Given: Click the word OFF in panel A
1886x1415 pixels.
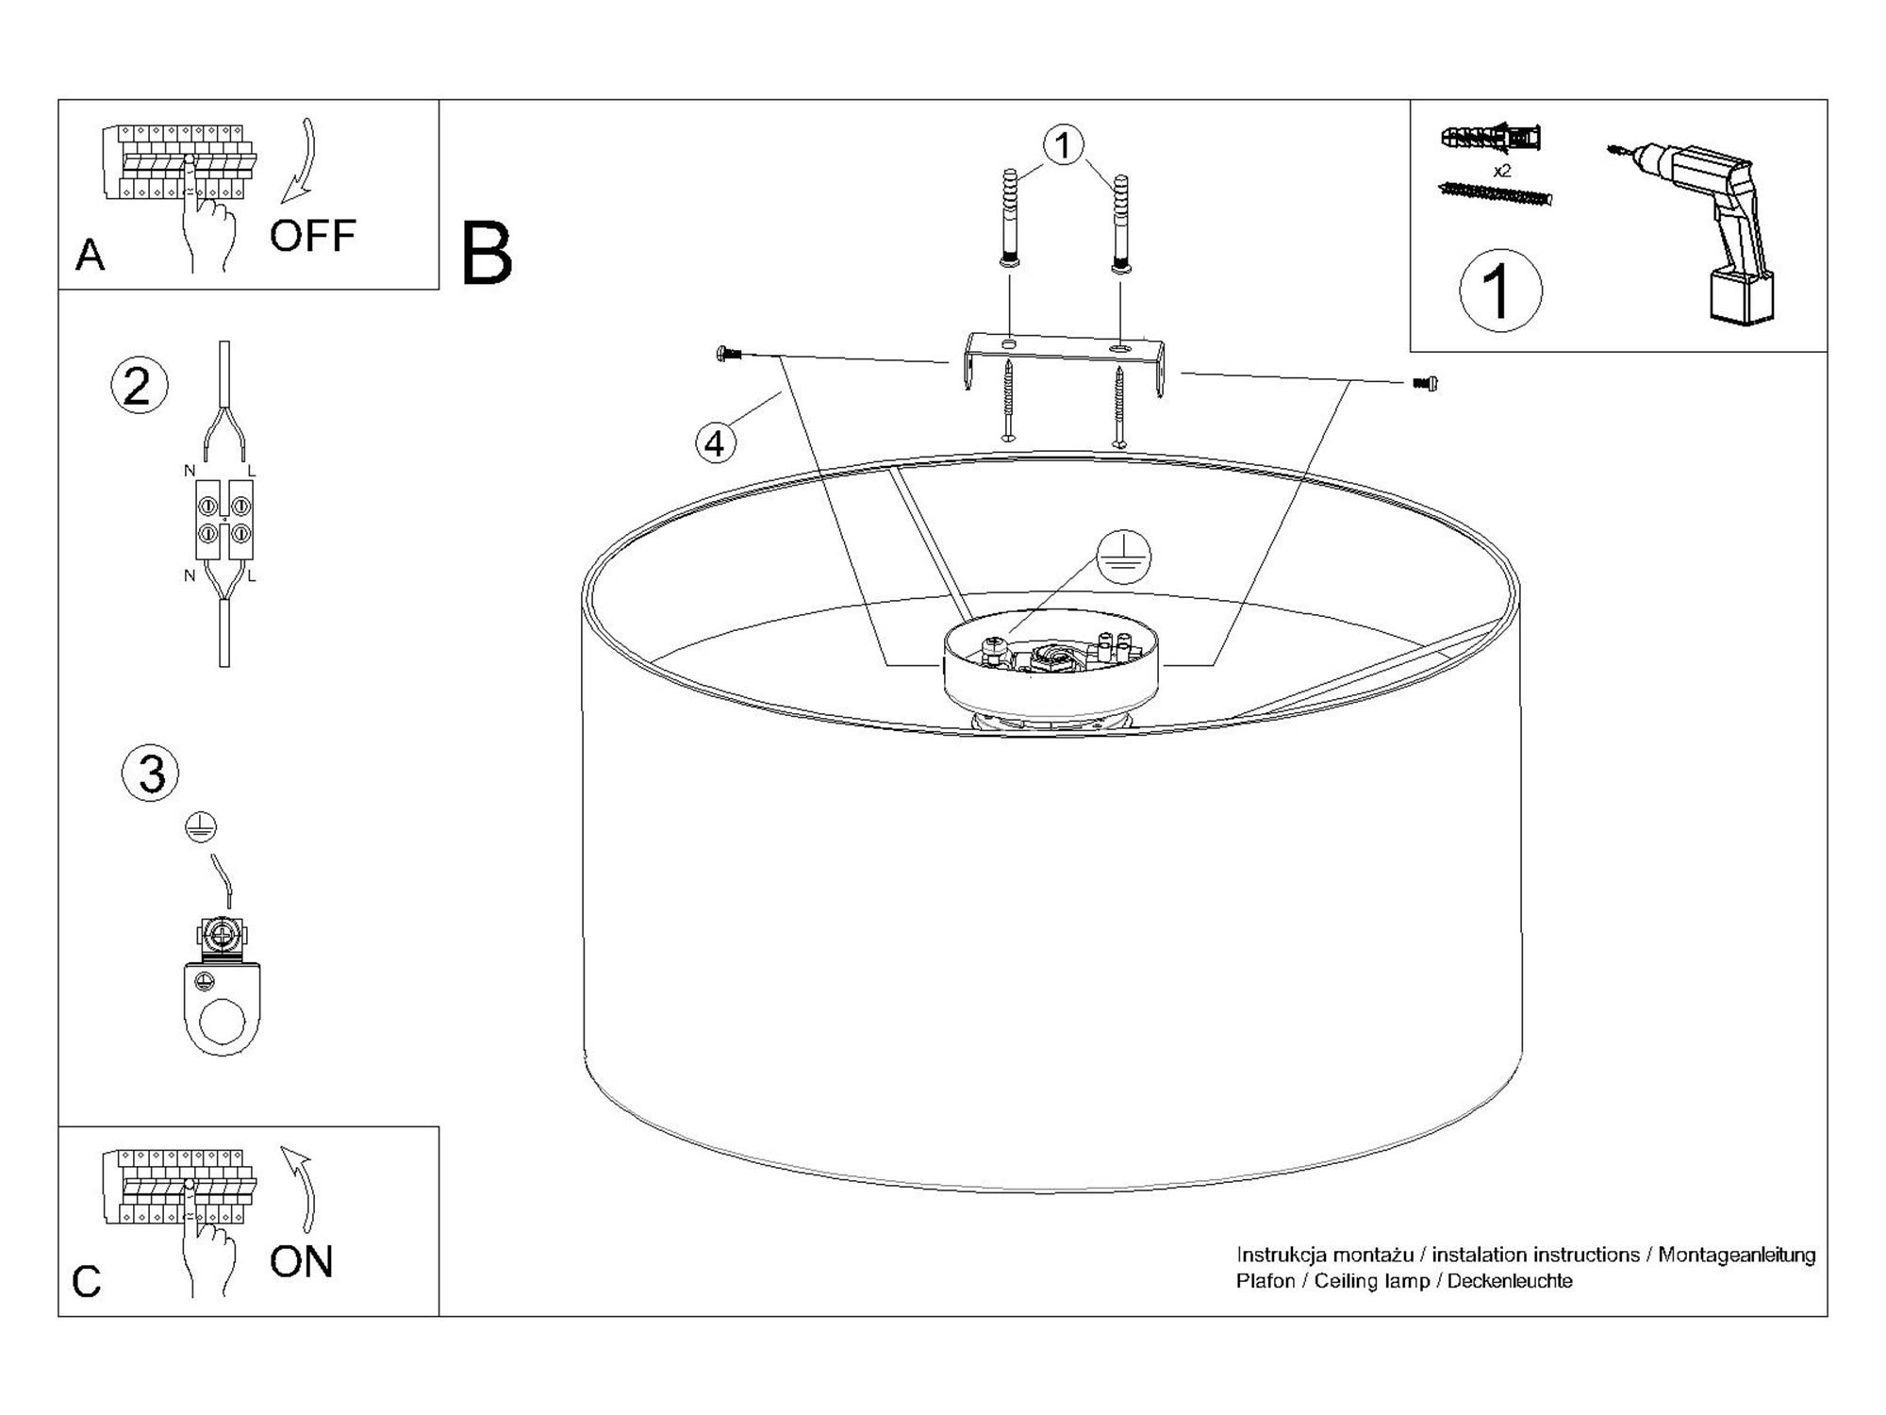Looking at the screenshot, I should pos(312,236).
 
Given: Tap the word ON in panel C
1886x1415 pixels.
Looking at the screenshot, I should pos(301,1262).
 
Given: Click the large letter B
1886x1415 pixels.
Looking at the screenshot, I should pos(487,254).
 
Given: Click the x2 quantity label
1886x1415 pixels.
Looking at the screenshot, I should pos(1502,171).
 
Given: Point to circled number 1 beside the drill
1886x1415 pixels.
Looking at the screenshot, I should pos(1500,291).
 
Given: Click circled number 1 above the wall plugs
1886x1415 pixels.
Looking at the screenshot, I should pos(1064,146).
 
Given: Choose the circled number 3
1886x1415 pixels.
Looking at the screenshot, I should pos(151,773).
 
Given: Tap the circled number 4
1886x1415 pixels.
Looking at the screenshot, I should pos(715,442).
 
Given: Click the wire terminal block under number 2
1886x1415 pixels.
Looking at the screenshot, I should pos(224,522).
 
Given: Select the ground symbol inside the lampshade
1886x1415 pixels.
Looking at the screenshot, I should pos(1123,557).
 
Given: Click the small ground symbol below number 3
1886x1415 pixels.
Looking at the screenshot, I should pos(201,827).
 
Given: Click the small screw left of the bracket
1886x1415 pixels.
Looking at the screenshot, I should pos(728,355).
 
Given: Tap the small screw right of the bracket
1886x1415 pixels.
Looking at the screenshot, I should pos(1425,383).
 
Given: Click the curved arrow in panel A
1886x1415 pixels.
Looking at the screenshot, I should pos(303,160).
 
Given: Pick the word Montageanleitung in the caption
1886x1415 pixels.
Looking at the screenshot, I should pos(1736,1255).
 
